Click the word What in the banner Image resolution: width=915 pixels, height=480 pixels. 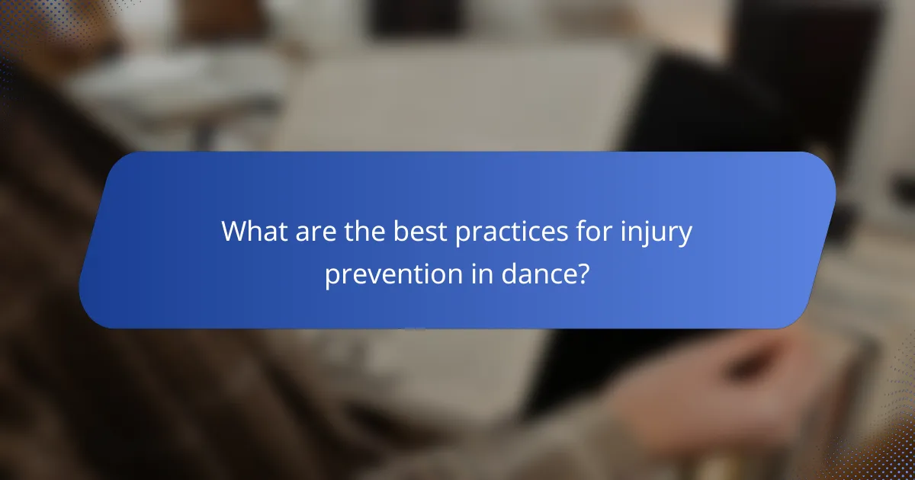(255, 232)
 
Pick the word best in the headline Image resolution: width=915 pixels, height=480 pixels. (420, 232)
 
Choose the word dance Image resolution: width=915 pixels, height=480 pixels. (536, 274)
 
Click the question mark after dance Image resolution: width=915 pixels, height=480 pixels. (582, 274)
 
